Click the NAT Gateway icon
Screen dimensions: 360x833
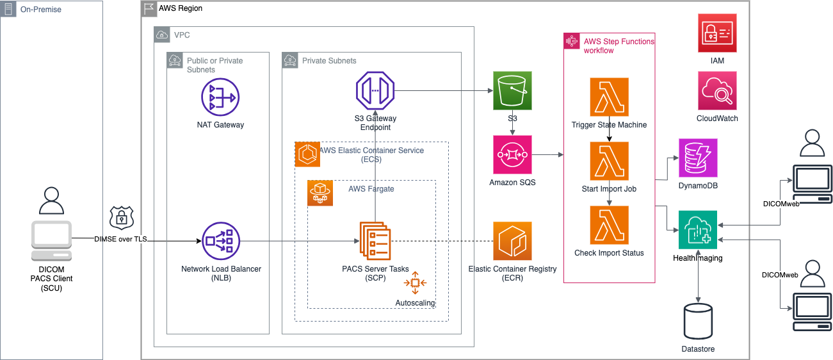[221, 97]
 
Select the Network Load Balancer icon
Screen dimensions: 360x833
[221, 241]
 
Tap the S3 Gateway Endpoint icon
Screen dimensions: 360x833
[375, 91]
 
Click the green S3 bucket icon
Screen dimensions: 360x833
[512, 91]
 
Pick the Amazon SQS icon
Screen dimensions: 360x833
[512, 154]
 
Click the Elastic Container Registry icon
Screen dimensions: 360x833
[512, 241]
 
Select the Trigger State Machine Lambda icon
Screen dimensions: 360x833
[609, 97]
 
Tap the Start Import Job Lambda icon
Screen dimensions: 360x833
[609, 161]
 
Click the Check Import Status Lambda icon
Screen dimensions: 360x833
[609, 225]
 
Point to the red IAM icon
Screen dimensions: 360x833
[717, 33]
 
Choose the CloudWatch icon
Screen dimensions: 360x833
[717, 91]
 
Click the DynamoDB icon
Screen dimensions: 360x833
[698, 158]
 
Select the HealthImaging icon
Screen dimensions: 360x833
[698, 230]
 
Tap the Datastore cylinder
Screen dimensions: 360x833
[698, 321]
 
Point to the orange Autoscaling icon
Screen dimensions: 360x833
[415, 282]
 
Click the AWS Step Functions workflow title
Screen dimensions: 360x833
[619, 45]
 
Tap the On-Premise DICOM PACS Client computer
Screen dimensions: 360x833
[52, 241]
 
